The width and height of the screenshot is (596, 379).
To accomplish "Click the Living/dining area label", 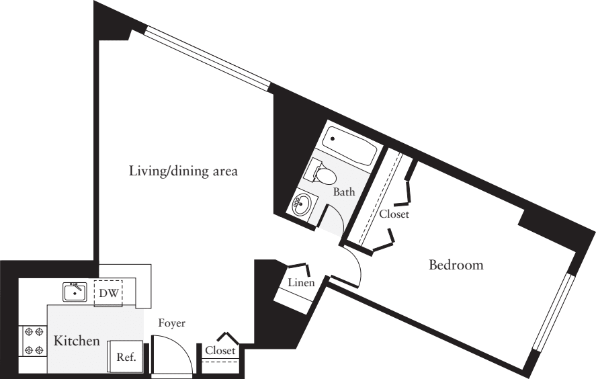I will [x=183, y=171].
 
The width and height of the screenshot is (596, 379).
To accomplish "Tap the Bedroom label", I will [x=456, y=265].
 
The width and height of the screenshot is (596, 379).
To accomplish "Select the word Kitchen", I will [x=77, y=341].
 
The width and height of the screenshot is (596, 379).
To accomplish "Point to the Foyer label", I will [x=171, y=323].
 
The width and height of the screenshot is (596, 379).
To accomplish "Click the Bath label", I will [x=344, y=192].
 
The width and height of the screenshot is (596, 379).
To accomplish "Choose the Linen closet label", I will [x=301, y=283].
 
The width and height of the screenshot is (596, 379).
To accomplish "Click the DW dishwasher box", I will [x=108, y=293].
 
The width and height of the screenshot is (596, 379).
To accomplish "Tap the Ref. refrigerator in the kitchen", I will [x=126, y=357].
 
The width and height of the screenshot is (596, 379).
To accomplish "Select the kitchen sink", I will [x=75, y=292].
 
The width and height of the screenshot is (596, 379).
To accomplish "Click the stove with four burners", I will [x=32, y=341].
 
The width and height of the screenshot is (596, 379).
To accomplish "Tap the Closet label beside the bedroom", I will [x=394, y=214].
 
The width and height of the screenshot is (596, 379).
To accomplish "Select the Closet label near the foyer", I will [x=220, y=351].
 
